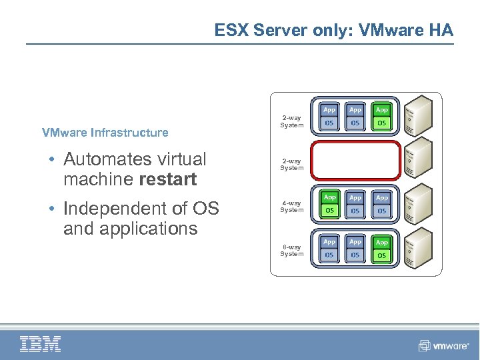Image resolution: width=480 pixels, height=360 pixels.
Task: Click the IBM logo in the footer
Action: [x=41, y=344]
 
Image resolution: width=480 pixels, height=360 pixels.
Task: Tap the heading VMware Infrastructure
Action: [x=105, y=132]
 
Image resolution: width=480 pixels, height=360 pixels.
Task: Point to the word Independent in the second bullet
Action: [x=109, y=209]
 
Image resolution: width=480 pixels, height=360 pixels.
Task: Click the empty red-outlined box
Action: [x=355, y=161]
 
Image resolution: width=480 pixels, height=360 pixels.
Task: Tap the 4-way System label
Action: [x=291, y=206]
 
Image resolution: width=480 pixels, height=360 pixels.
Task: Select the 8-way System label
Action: [x=291, y=250]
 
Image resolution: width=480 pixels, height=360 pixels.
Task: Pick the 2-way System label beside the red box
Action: [x=291, y=164]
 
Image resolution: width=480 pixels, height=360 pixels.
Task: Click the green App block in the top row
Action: [x=381, y=109]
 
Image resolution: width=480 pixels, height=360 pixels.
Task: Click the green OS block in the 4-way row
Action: [x=329, y=211]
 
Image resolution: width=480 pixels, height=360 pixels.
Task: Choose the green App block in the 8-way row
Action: [x=381, y=243]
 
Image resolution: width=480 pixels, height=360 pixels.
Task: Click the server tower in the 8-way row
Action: [x=419, y=250]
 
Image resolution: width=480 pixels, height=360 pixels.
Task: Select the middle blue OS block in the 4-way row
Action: [x=355, y=211]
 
